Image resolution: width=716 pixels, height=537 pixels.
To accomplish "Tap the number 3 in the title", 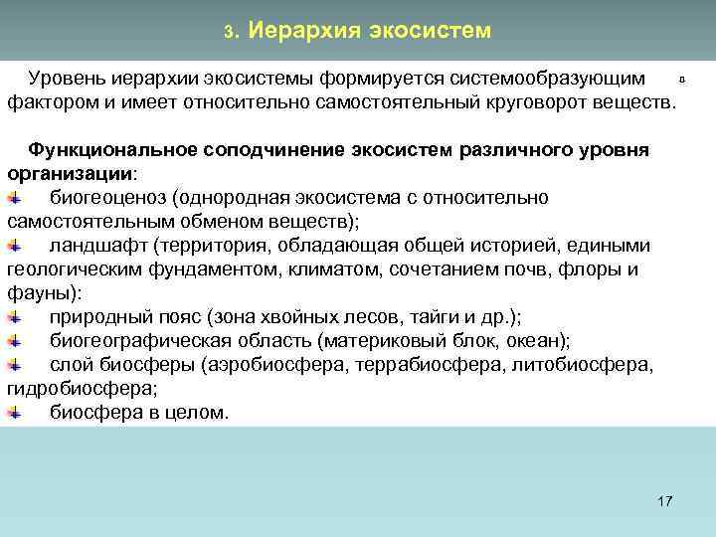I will coord(228,32).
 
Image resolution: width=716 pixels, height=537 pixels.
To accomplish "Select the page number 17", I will coord(665,500).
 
